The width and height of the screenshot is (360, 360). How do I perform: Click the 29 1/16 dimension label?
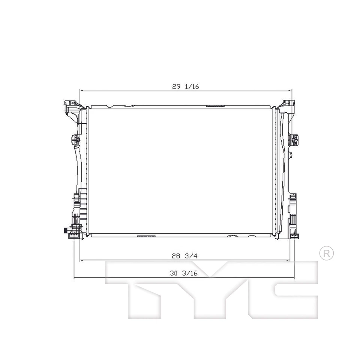(185, 86)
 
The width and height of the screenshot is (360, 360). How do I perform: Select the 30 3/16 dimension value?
(183, 273)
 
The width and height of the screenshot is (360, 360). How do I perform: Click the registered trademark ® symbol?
(326, 253)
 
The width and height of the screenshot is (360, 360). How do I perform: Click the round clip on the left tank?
(75, 140)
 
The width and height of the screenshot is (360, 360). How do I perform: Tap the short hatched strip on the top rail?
(215, 106)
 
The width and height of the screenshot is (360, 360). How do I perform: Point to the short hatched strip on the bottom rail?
(146, 236)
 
